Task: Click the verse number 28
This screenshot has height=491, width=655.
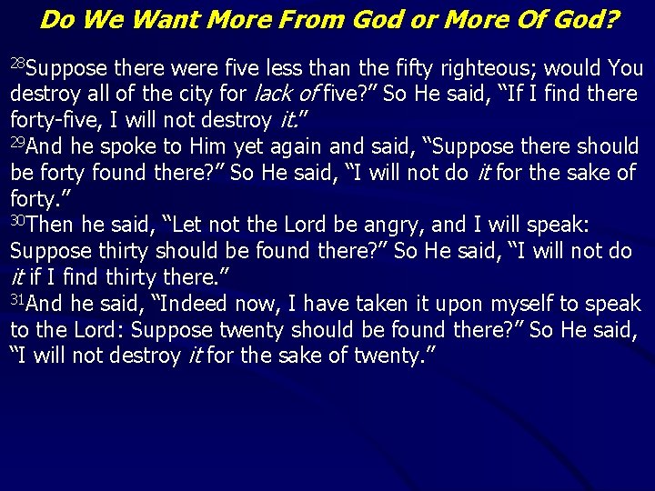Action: coord(19,63)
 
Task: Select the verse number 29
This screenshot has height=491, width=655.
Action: coord(18,142)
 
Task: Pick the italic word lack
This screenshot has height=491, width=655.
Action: coord(275,94)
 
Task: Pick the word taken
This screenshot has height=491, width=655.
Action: coord(348,305)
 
